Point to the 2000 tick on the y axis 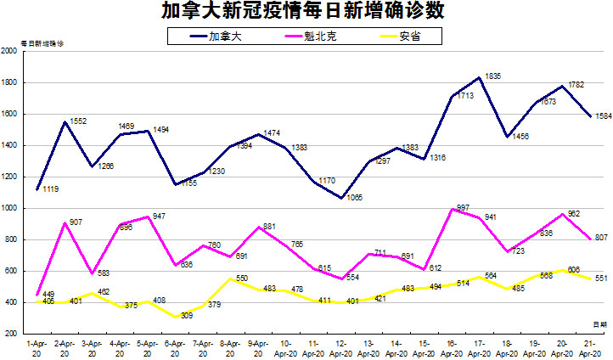point(11,51)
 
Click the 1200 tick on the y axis point(11,177)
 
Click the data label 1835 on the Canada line point(493,76)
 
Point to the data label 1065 point(355,197)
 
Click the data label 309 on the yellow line point(186,316)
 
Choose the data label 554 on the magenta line point(355,278)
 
